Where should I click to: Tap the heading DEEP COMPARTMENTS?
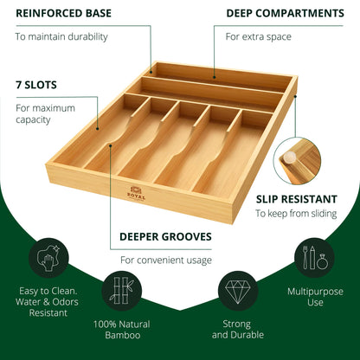[x=285, y=13]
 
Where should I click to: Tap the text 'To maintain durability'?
[x=61, y=37]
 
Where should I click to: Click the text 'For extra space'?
[x=258, y=37]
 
